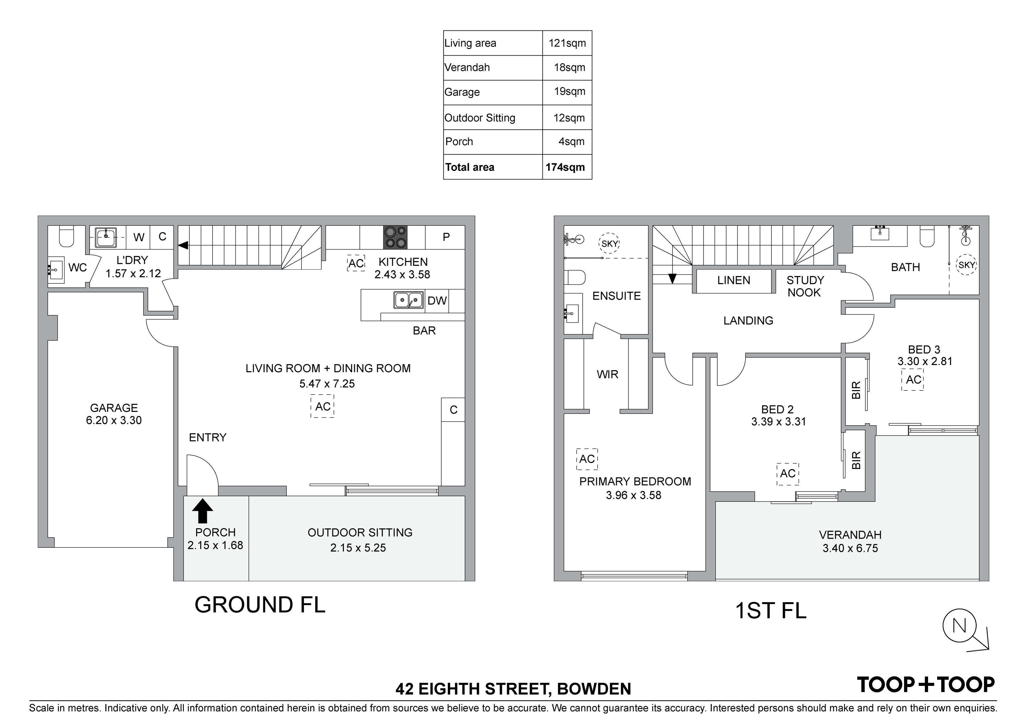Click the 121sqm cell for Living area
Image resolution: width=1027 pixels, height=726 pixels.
tap(567, 43)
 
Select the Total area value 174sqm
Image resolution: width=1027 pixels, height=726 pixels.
tap(565, 167)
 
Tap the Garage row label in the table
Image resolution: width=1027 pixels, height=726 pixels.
tap(462, 92)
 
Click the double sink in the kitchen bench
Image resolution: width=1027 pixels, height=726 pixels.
tap(408, 300)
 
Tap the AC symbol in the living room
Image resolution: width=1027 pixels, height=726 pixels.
tap(323, 406)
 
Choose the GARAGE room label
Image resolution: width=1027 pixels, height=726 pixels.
tap(114, 408)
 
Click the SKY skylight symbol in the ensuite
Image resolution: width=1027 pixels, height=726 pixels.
tap(610, 244)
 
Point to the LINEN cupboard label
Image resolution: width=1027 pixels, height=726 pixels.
tap(734, 280)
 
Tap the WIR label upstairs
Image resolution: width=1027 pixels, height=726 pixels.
tap(607, 374)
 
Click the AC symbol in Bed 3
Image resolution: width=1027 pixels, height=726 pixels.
tap(913, 379)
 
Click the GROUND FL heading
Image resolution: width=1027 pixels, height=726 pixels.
tap(260, 605)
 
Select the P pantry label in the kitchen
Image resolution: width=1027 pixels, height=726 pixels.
tap(446, 237)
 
